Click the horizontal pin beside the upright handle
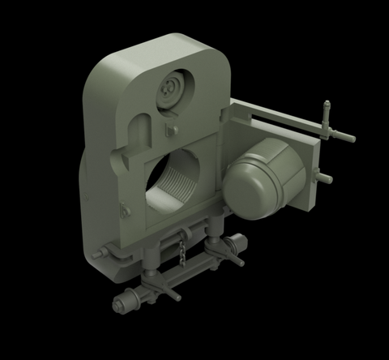(344, 138)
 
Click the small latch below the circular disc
(171, 128)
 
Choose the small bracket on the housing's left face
(124, 212)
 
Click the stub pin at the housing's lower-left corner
(99, 255)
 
